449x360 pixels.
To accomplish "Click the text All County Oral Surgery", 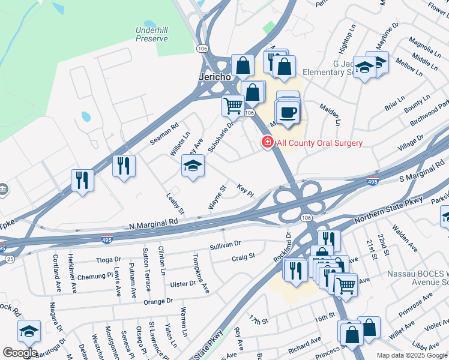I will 319,143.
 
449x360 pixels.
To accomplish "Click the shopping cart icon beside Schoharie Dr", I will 233,106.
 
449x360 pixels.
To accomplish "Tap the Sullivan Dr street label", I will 225,245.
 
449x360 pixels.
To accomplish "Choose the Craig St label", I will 243,257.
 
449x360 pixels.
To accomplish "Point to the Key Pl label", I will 246,189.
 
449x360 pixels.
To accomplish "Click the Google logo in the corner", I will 20,353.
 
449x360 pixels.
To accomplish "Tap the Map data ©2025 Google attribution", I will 411,355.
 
